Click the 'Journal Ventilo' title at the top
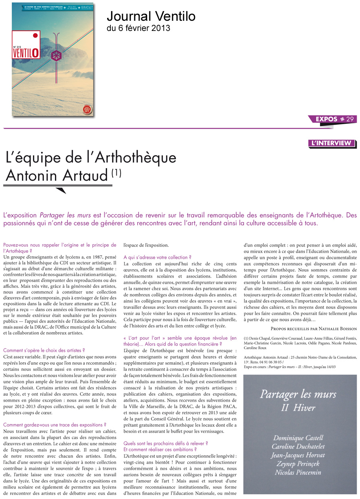tap(151, 16)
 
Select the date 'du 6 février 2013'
tap(138, 28)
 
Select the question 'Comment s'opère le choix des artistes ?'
tap(44, 350)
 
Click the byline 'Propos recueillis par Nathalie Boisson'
tap(314, 328)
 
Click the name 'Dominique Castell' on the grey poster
tap(298, 438)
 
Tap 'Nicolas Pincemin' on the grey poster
tap(298, 472)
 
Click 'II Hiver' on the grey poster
tap(298, 408)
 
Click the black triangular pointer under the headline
tap(60, 190)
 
